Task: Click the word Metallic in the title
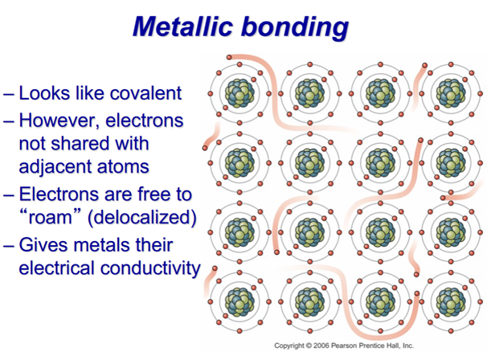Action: (x=183, y=27)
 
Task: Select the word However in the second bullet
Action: (x=58, y=121)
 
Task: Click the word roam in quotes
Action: (x=50, y=218)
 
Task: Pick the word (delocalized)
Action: (x=142, y=218)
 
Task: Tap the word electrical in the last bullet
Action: (x=58, y=268)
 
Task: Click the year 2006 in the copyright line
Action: (x=321, y=346)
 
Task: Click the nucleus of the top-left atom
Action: (x=239, y=93)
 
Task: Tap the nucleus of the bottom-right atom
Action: (x=451, y=302)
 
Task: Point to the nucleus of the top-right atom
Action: (x=451, y=93)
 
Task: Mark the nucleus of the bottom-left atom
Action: (x=239, y=302)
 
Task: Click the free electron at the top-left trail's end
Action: (x=229, y=57)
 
